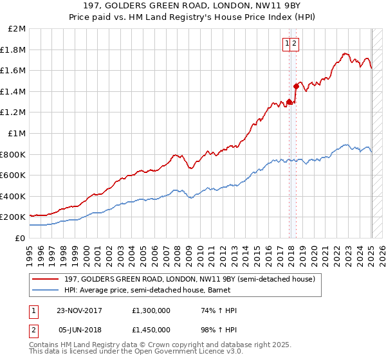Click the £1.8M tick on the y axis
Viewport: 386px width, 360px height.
pos(14,50)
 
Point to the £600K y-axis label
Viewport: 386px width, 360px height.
pos(13,175)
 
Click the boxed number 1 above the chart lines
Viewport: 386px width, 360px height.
pos(286,44)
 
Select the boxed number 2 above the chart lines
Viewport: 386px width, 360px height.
pos(294,44)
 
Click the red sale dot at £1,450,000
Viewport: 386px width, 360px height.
pos(296,85)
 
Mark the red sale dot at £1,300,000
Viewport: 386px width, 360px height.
pos(289,102)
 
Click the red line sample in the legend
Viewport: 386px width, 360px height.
pos(46,279)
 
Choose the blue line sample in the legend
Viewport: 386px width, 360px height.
pos(46,291)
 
